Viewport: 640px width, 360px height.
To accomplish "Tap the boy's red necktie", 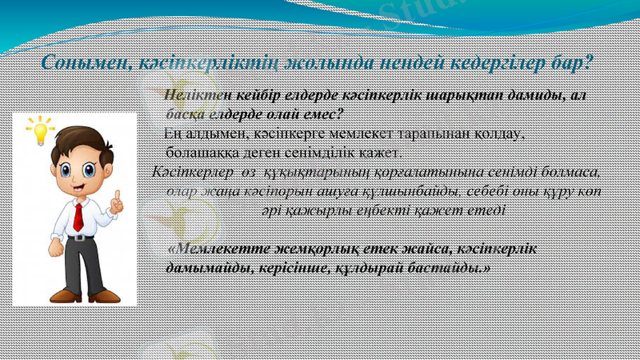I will click(x=78, y=216).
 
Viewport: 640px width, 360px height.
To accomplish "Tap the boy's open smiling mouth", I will click(x=80, y=189).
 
